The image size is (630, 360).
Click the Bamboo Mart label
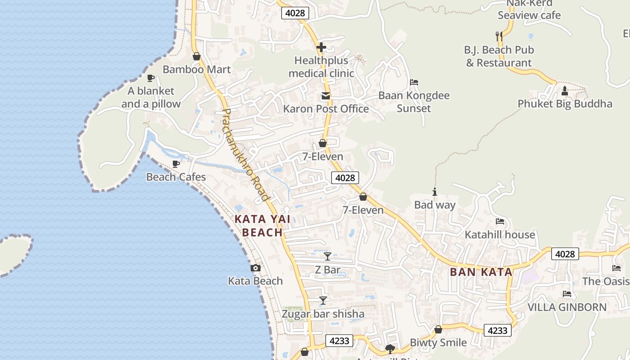click(197, 69)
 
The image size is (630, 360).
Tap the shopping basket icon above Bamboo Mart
click(197, 56)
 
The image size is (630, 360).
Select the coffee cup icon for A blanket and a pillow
click(151, 78)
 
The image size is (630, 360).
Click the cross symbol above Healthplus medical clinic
click(321, 47)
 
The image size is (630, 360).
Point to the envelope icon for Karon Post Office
click(325, 96)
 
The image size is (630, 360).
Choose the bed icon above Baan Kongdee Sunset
click(414, 82)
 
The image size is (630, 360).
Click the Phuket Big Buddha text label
click(565, 104)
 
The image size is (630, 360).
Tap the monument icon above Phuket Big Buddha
click(565, 91)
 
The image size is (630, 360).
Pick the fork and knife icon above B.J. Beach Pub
click(499, 36)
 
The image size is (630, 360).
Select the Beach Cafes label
click(176, 177)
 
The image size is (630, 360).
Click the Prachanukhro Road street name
click(246, 154)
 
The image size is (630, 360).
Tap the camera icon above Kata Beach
click(256, 268)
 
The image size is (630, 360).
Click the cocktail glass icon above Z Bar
click(328, 256)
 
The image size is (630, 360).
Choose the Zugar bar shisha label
click(323, 314)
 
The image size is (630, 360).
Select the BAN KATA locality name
click(481, 272)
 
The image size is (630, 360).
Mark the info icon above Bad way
click(435, 192)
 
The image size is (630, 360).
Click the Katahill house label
click(499, 234)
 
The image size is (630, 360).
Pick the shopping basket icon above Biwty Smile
click(438, 330)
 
